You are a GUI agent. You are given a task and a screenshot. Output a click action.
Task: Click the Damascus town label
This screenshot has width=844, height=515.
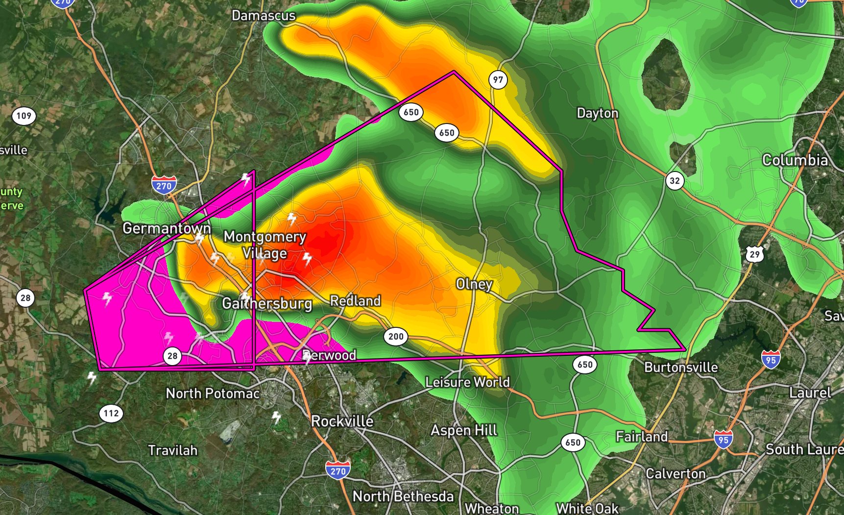coord(264,16)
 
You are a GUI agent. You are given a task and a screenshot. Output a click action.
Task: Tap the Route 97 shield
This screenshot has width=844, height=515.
coord(498,80)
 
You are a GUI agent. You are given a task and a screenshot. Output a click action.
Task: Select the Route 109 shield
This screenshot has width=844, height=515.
coord(24,116)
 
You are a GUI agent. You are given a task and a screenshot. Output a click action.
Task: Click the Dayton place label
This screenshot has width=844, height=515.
coord(597,113)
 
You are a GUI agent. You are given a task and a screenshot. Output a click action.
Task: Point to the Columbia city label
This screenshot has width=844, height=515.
coord(795,160)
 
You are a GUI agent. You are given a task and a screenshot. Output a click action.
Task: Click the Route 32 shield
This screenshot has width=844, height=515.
coord(675,181)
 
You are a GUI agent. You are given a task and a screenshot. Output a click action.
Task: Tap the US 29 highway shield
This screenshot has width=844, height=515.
coord(754,254)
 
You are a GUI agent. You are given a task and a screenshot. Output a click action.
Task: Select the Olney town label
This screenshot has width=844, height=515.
coord(474,284)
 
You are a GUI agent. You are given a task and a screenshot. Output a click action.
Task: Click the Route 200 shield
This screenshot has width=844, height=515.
coord(396,337)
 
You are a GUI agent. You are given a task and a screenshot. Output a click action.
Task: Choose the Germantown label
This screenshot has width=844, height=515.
coord(167,228)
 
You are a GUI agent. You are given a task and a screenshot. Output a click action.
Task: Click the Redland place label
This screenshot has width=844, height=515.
coord(355,301)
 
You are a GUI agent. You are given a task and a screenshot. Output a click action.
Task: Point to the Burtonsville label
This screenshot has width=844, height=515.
coord(681,368)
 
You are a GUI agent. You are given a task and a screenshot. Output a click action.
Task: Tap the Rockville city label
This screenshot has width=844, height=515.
coord(342,421)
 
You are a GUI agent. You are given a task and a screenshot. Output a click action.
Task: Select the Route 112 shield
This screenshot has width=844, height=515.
coord(111,413)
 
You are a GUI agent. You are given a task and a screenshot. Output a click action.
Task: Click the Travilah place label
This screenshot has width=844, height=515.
coord(172,450)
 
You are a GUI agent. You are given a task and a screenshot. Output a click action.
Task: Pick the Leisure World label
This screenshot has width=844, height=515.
coord(467,382)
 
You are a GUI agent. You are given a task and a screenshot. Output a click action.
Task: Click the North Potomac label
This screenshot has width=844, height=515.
coord(213,393)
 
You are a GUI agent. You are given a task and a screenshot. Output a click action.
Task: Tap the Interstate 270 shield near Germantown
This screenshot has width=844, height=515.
coord(164,186)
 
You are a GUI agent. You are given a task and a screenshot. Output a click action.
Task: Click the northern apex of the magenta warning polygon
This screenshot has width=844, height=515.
coord(454,72)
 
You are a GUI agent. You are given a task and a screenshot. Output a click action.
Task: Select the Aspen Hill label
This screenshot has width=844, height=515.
coord(464,430)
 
